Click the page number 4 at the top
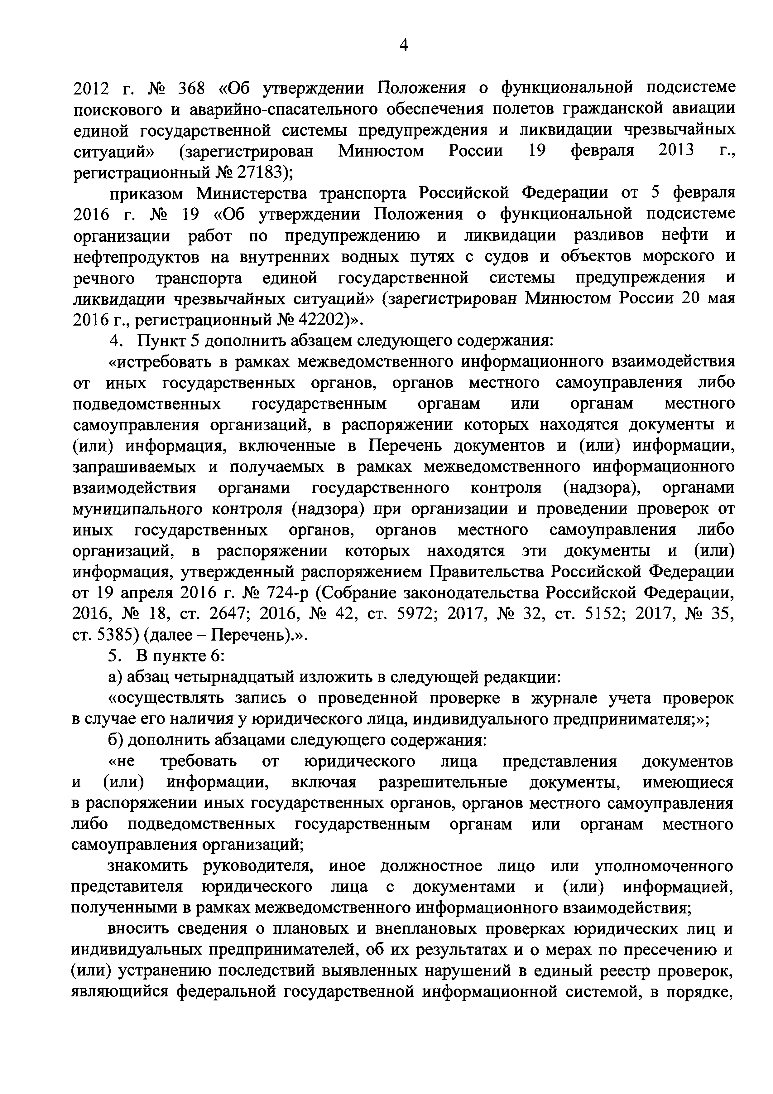(403, 46)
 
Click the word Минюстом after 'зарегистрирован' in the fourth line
(381, 152)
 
